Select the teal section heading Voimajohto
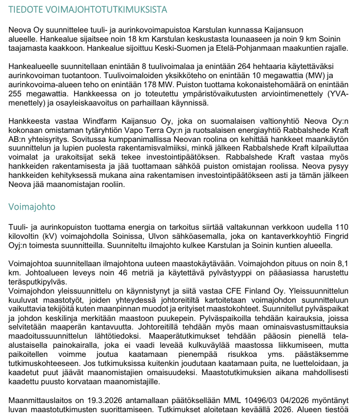click(x=32, y=207)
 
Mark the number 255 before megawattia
click(x=17, y=93)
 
